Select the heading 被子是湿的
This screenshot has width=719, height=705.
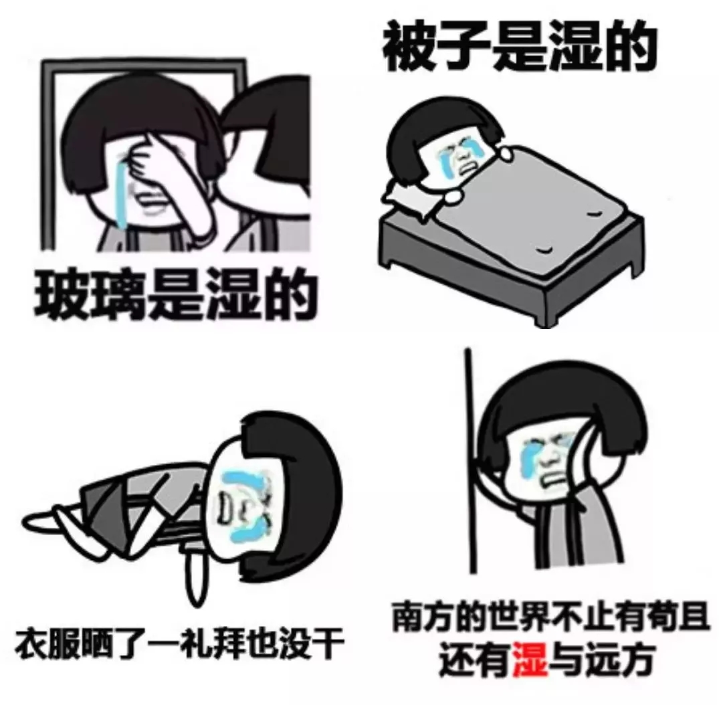pos(518,48)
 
